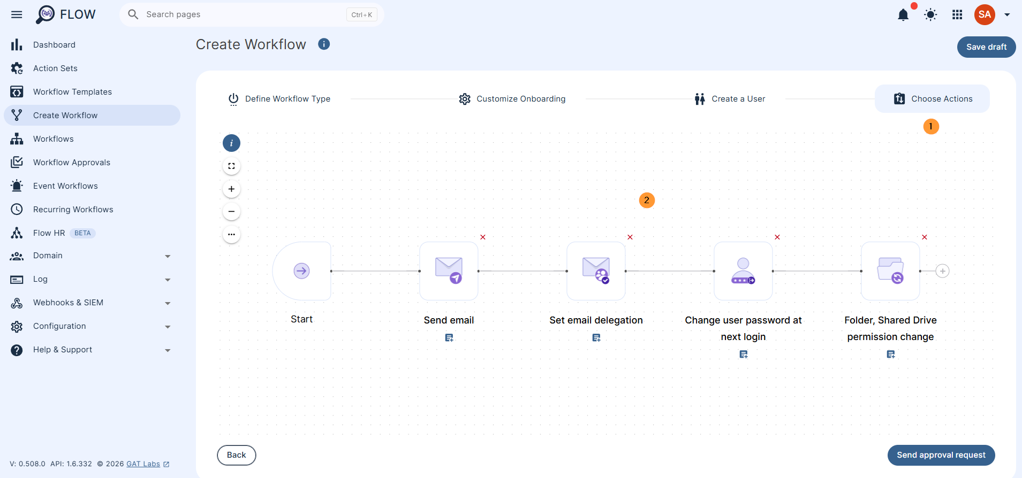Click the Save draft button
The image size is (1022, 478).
[x=986, y=47]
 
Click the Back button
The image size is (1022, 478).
[x=237, y=455]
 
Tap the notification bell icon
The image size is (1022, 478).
[x=903, y=14]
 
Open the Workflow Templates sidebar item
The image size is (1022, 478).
[x=72, y=92]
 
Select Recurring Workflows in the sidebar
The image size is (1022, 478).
[x=73, y=210]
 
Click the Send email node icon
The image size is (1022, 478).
[x=449, y=271]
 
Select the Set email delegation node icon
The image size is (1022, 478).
[x=596, y=271]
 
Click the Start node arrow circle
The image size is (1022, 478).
[x=301, y=271]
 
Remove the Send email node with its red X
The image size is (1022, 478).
[x=483, y=237]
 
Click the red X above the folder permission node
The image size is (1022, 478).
[x=925, y=237]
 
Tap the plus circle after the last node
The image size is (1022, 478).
[x=943, y=271]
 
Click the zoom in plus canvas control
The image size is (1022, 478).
[x=231, y=189]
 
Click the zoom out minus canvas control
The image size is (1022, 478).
[x=231, y=211]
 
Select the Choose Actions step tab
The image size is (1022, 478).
[x=932, y=99]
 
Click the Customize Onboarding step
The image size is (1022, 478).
[x=512, y=99]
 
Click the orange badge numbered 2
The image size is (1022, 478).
[x=647, y=201]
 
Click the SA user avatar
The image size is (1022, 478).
[x=985, y=14]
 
